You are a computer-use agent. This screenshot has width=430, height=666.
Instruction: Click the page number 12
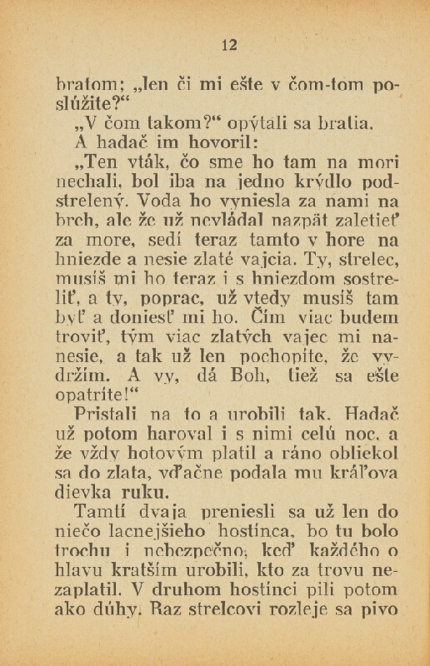(231, 45)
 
